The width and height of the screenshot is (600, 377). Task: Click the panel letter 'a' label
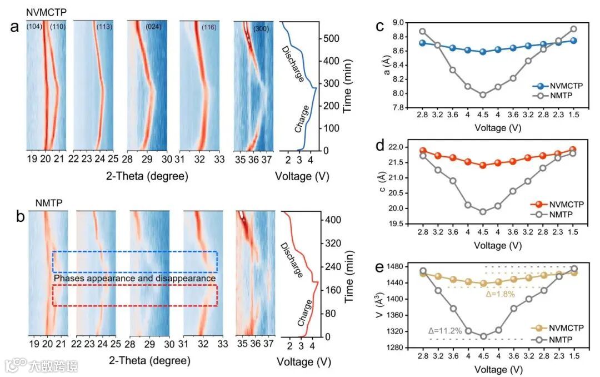pyautogui.click(x=15, y=27)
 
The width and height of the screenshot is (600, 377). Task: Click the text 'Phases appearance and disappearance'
pyautogui.click(x=134, y=277)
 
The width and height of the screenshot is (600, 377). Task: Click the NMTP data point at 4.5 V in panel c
pyautogui.click(x=483, y=95)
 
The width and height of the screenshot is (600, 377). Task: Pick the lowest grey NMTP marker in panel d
pyautogui.click(x=483, y=212)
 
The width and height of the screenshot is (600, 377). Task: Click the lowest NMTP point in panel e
pyautogui.click(x=483, y=336)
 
